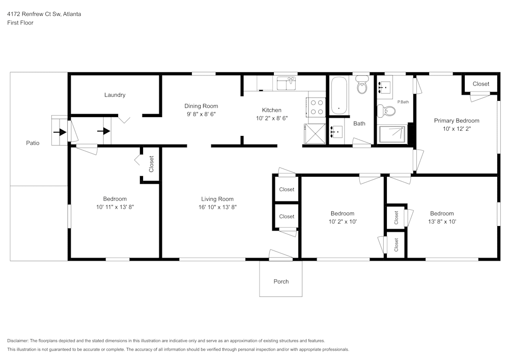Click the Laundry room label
tap(115, 95)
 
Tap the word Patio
tap(33, 143)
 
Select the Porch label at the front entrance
tap(281, 282)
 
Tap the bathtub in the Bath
tap(338, 96)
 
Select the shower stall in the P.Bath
tap(392, 134)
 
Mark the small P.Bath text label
tap(403, 102)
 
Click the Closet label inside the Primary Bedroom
tap(480, 84)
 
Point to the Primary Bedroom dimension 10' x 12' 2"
tap(457, 129)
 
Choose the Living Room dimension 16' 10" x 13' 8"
tap(217, 207)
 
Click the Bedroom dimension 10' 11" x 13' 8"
tap(115, 207)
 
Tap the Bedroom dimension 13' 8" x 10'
tap(441, 221)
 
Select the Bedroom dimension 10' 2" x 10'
tap(342, 221)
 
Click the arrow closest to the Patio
tap(60, 131)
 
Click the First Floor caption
tap(20, 23)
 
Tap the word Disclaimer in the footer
tap(18, 341)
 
